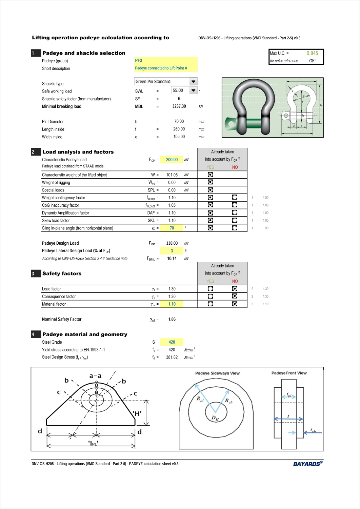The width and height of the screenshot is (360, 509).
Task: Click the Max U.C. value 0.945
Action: (x=312, y=53)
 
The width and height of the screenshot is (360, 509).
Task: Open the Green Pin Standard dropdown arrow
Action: (x=193, y=82)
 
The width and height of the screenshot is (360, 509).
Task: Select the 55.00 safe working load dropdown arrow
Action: (x=193, y=90)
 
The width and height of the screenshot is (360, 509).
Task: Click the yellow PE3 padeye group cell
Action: (x=166, y=61)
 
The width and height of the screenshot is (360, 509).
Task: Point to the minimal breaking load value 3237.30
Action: (x=179, y=106)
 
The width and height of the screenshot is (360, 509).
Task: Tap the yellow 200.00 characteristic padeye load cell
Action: (x=172, y=160)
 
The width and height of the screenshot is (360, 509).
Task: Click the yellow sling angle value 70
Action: (x=172, y=228)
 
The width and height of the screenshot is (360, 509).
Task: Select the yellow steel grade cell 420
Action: (x=172, y=342)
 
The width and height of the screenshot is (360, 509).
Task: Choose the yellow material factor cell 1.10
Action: (x=172, y=304)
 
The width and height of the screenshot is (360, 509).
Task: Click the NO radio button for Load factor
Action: (x=235, y=289)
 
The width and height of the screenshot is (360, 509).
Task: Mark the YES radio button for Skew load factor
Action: (x=210, y=220)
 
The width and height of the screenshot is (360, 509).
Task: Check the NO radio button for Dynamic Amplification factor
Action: (x=235, y=212)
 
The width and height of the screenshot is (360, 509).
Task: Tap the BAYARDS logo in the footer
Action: (x=307, y=464)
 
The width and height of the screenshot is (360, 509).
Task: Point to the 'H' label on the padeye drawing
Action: (x=137, y=413)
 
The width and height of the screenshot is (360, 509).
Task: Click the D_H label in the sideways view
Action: (x=215, y=418)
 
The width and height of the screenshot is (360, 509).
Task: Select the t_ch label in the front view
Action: (x=313, y=431)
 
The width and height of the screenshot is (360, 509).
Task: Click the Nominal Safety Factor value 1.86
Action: (x=172, y=319)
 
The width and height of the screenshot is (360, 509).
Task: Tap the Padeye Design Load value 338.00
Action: (x=172, y=243)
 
